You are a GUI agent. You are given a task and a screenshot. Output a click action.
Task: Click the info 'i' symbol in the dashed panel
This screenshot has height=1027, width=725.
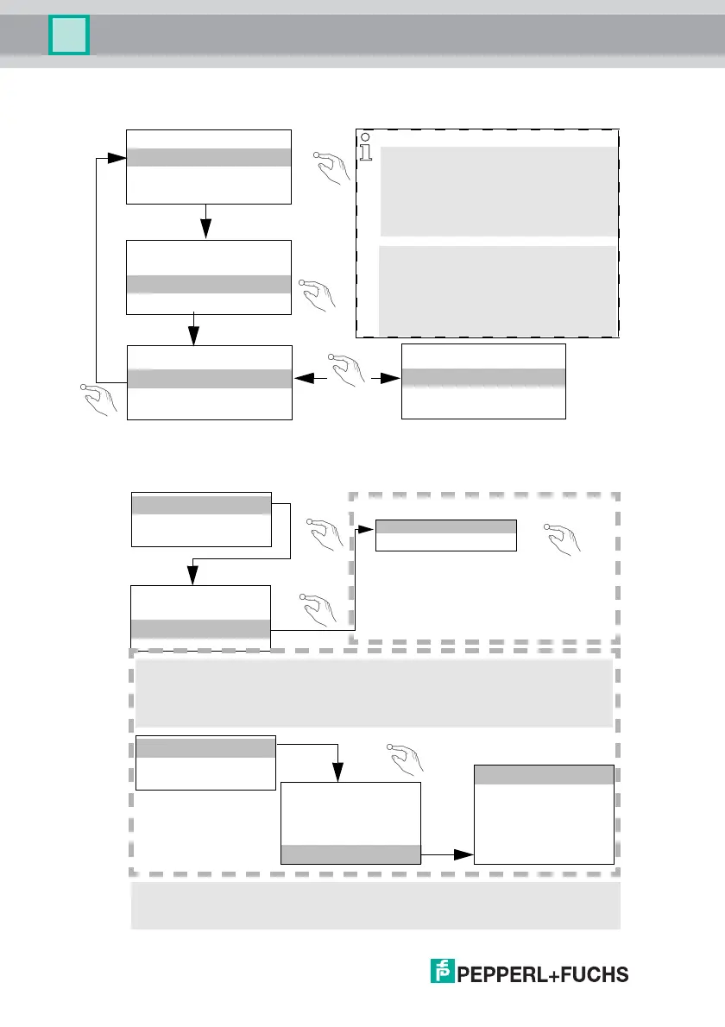pos(367,148)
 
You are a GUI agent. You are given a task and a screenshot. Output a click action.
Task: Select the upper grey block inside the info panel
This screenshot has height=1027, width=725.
pos(499,191)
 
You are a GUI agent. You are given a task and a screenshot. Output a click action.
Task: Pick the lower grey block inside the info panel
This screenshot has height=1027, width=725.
pos(499,290)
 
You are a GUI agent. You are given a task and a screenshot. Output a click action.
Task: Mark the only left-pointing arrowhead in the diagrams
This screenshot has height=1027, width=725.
pos(300,378)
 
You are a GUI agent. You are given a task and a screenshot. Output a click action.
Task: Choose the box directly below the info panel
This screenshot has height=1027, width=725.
pos(483,381)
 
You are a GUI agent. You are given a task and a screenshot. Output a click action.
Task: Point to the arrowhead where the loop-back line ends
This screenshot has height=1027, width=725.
pos(119,158)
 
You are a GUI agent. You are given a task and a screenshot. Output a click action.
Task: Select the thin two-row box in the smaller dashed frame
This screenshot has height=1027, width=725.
pos(445,535)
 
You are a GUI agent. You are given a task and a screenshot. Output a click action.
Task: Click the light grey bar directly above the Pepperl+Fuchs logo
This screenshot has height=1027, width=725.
pos(375,905)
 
